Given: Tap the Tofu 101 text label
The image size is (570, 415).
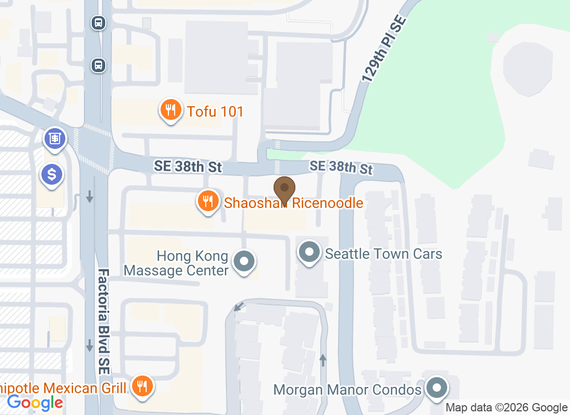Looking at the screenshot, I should (x=216, y=112).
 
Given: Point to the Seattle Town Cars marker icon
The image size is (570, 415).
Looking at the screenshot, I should (x=309, y=253).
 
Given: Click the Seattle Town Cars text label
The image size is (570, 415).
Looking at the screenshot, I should (x=383, y=254).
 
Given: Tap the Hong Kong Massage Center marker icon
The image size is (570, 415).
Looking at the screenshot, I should (x=244, y=261).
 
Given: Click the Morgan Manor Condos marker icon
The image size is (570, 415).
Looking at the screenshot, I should (x=437, y=388).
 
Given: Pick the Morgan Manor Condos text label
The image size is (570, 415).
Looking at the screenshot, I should (x=347, y=390).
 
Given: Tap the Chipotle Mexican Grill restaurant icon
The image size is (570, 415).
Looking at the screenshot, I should (x=141, y=386).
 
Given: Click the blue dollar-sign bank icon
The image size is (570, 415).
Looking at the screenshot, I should (x=52, y=174).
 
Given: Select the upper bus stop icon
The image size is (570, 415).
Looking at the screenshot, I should (x=98, y=23).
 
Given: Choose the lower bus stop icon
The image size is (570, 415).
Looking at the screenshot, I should (x=98, y=65).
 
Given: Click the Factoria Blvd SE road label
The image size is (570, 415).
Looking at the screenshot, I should (x=104, y=322).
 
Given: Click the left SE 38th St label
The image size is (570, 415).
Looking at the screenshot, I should (x=188, y=167).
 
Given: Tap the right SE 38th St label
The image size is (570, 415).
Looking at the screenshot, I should (x=341, y=167).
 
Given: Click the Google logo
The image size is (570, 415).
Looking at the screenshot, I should (x=35, y=402).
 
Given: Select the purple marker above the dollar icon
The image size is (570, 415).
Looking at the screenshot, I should (x=53, y=139).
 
